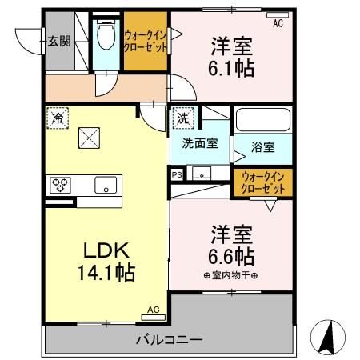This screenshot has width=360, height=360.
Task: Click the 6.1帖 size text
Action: click(233, 69)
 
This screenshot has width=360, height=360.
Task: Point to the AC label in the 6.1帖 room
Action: click(278, 24)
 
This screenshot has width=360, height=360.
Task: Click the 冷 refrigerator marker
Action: click(58, 117)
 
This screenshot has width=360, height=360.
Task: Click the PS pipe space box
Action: click(176, 173)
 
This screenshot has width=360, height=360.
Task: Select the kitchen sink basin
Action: click(105, 186)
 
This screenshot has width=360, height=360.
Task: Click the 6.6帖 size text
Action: click(233, 257)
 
